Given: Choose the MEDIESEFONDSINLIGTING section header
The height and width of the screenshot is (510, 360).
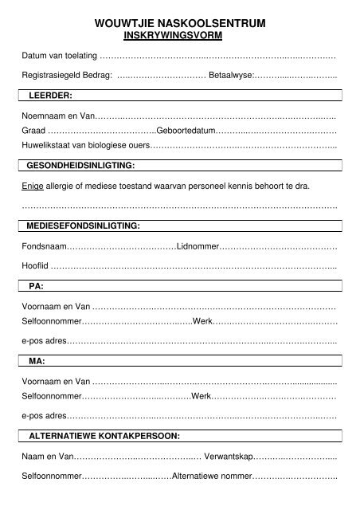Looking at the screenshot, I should [x=84, y=226].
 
